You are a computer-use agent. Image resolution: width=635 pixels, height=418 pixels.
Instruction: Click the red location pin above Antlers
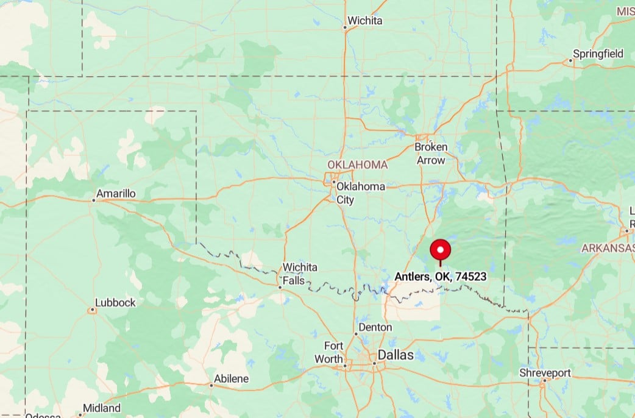440,250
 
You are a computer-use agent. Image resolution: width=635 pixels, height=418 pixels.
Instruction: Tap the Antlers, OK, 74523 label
441,277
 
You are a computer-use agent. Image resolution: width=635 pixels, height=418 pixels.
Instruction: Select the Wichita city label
365,21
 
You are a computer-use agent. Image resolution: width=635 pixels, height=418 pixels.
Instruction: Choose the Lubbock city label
116,303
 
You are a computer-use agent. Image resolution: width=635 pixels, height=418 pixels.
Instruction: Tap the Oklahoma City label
361,193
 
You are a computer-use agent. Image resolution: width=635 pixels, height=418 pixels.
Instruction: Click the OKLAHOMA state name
357,165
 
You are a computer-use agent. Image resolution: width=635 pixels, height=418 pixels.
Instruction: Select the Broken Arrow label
431,154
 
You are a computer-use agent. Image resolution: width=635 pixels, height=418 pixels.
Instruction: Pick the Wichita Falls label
300,274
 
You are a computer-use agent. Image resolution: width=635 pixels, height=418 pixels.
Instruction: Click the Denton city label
375,327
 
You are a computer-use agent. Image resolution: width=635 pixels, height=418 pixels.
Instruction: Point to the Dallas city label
396,355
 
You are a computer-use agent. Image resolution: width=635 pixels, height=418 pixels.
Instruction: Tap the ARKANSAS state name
608,248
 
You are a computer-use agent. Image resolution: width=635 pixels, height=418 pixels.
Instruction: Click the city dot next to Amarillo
93,200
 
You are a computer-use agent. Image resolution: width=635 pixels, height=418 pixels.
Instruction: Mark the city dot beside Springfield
571,60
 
